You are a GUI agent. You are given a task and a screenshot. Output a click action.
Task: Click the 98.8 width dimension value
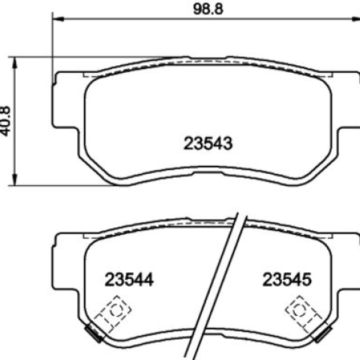[208, 9]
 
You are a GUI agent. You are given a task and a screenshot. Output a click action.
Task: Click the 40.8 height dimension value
[5, 121]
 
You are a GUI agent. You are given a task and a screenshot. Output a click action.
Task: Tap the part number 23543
[208, 143]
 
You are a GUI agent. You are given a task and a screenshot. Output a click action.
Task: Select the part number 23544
[129, 280]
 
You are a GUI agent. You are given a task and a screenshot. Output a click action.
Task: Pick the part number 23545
[287, 279]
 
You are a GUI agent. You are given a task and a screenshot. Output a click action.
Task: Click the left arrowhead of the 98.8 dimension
[58, 19]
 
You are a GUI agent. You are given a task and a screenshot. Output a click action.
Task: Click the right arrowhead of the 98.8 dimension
[355, 19]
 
